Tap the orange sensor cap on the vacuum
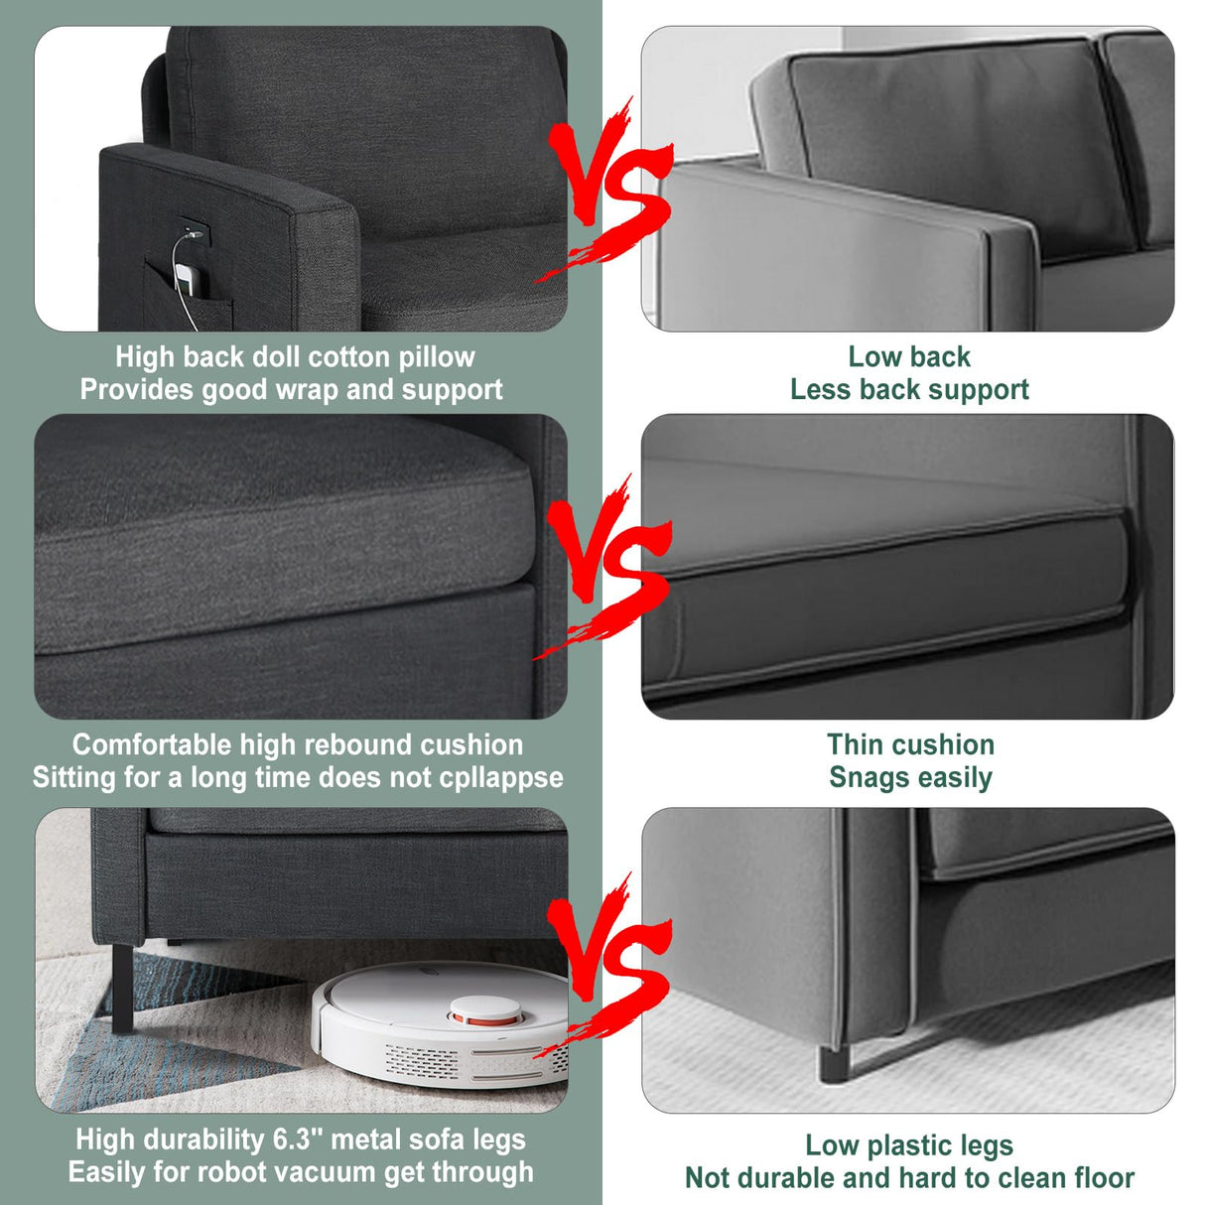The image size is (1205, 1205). [x=486, y=1011]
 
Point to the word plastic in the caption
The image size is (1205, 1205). [x=905, y=1145]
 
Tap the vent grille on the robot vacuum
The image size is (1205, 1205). [x=422, y=1060]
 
